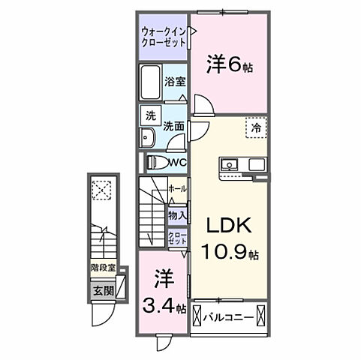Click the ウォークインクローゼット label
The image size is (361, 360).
164,37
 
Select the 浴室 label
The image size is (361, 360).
174,83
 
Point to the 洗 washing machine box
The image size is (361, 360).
150,116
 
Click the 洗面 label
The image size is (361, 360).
174,127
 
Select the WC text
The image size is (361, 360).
177,162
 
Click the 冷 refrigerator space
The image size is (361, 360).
254,127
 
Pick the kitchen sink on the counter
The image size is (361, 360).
230,164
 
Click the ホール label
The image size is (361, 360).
178,189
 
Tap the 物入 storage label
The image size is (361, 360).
178,215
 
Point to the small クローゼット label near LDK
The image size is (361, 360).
178,239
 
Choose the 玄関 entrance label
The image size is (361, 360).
101,290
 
